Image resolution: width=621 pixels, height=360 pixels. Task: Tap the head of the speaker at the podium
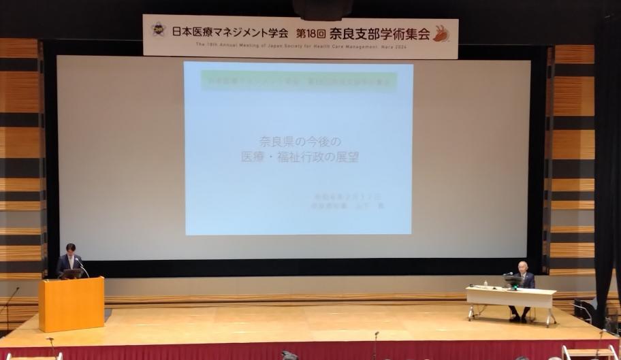pyautogui.click(x=70, y=249)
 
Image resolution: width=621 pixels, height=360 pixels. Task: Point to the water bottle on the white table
pyautogui.click(x=485, y=283)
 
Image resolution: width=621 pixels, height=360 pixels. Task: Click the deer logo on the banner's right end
pyautogui.click(x=441, y=33)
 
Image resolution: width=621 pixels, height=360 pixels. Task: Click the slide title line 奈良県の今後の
pyautogui.click(x=298, y=142)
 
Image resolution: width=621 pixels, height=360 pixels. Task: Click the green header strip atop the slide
pyautogui.click(x=298, y=80)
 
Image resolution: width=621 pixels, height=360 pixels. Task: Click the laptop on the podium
pyautogui.click(x=71, y=274)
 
